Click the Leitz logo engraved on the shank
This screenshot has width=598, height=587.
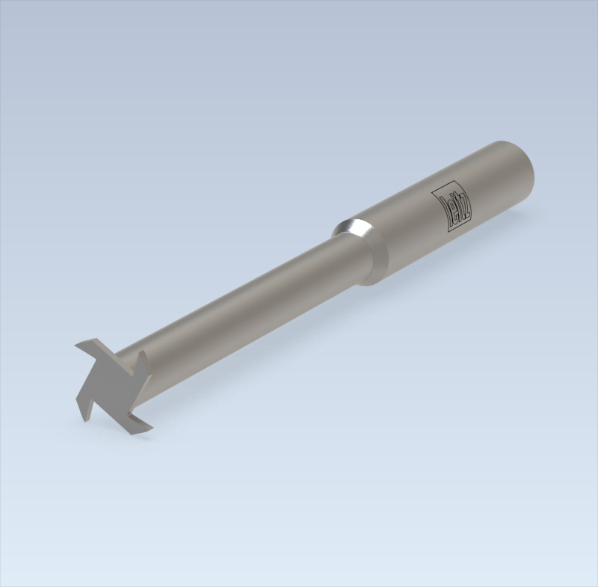click(x=453, y=206)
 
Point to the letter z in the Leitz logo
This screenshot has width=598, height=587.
click(x=464, y=216)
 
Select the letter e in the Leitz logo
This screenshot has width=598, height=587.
click(x=447, y=202)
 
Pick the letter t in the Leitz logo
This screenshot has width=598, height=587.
click(x=457, y=210)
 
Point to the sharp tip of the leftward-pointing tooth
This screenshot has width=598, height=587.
click(x=75, y=345)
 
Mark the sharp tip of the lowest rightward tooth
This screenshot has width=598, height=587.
click(x=152, y=428)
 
